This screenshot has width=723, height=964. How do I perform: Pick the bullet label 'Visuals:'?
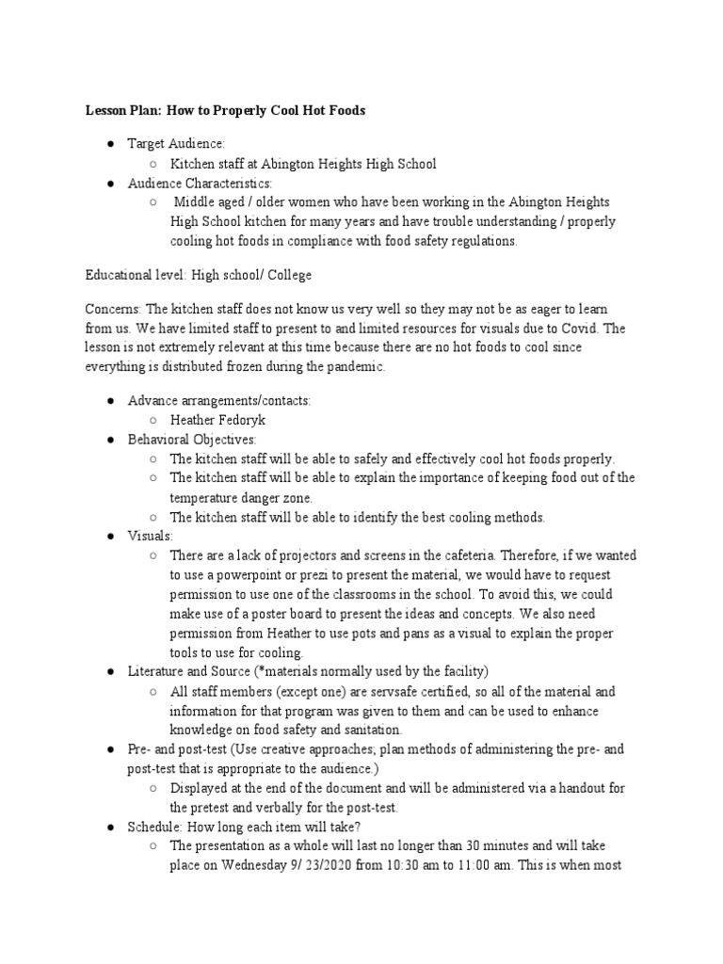(151, 536)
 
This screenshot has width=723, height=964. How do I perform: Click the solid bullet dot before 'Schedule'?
(111, 827)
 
